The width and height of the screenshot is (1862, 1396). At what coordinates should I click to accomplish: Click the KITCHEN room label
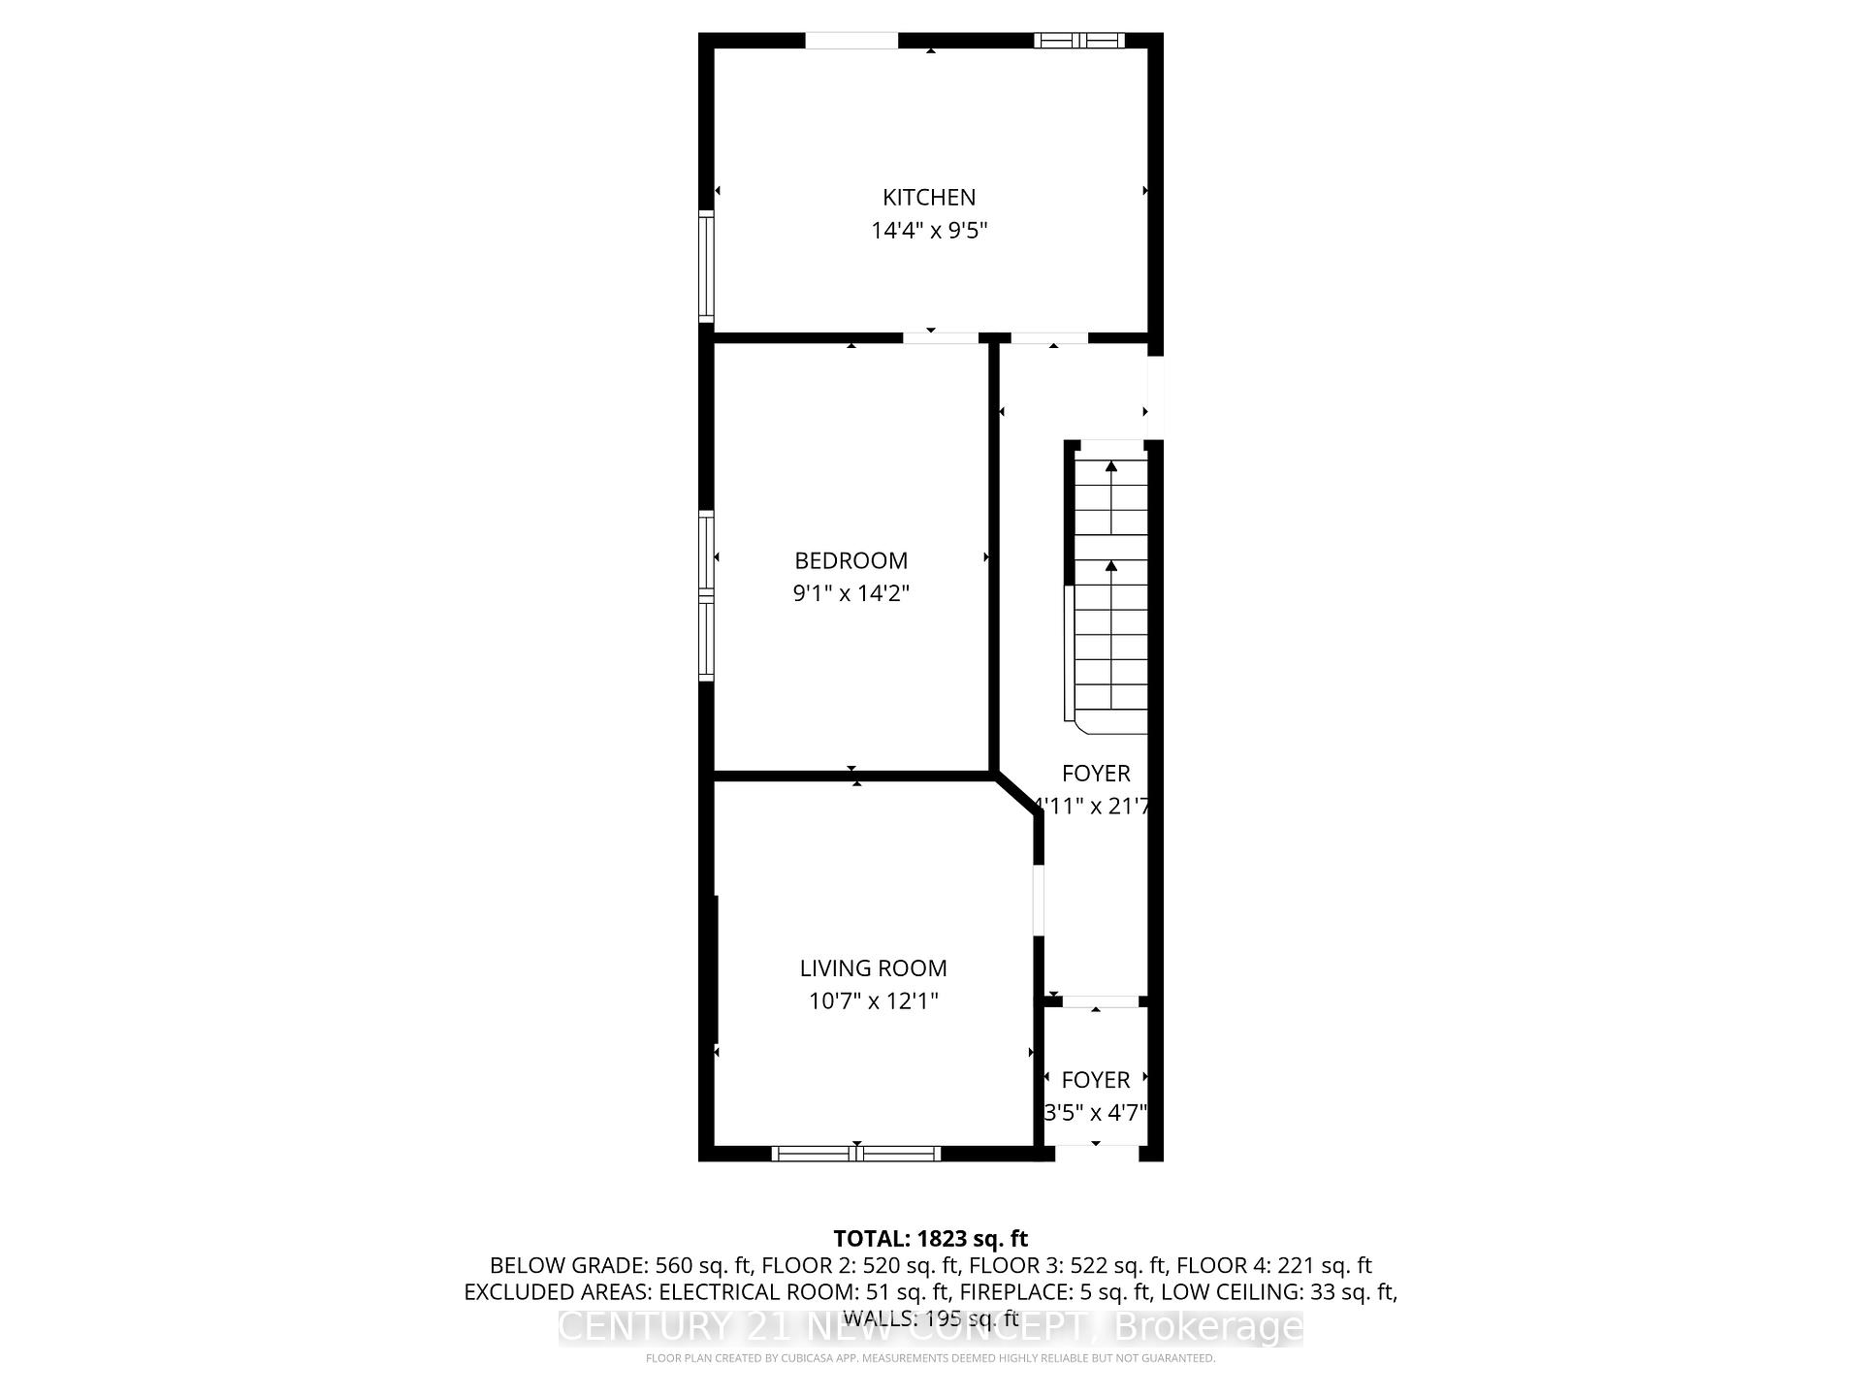click(928, 198)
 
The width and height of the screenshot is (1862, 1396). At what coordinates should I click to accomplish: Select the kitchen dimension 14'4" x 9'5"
click(928, 231)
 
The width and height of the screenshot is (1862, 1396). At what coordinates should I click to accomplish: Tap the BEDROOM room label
click(851, 560)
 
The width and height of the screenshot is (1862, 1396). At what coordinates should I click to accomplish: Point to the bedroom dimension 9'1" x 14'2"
click(851, 593)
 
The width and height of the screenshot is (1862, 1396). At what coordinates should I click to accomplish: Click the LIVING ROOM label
click(873, 968)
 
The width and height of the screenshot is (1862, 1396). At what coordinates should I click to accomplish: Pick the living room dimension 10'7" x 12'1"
click(873, 1000)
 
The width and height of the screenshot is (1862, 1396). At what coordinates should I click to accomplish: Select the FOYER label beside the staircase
click(1096, 774)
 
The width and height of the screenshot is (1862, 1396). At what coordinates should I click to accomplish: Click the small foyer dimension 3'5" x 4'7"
click(1096, 1113)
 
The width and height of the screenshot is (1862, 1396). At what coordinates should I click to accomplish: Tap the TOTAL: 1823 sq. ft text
click(930, 1238)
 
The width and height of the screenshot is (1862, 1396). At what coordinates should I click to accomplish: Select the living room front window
click(856, 1154)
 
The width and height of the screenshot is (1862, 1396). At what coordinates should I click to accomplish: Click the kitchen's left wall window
click(706, 267)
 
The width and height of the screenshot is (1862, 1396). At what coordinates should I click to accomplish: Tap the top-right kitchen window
click(1078, 40)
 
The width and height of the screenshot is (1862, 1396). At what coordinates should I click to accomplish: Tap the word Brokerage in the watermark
click(1208, 1327)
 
